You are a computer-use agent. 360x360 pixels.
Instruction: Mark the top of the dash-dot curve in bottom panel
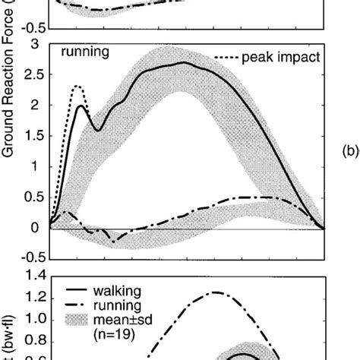click(x=217, y=292)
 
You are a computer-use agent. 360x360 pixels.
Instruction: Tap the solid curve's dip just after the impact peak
click(x=97, y=131)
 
